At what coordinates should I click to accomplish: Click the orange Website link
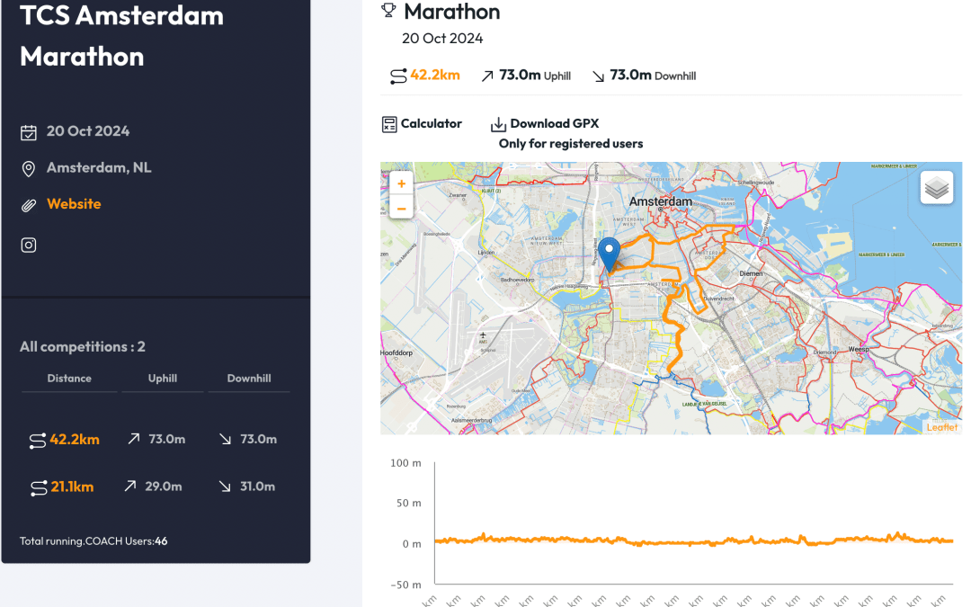coord(74,204)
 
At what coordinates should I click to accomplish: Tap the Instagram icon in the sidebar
coord(29,245)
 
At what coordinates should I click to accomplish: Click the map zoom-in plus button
coord(401,184)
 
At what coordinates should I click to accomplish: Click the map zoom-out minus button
coord(401,209)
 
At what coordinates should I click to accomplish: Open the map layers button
coord(936,188)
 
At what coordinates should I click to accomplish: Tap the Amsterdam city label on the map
coord(661,201)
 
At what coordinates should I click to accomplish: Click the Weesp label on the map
coord(860,348)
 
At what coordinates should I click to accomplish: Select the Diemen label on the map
coord(750,272)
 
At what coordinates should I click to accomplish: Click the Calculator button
coord(422,124)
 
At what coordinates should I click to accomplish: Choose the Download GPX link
coord(545,124)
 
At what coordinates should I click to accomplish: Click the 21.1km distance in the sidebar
coord(72,486)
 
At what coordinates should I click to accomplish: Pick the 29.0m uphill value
coord(164,486)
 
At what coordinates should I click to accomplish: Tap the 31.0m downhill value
coord(258,486)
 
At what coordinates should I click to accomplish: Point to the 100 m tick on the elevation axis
coord(405,463)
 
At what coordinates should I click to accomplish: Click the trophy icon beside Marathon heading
coord(388,11)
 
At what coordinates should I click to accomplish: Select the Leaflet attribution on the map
coord(941,427)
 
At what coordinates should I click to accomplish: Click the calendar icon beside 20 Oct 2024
coord(29,132)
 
